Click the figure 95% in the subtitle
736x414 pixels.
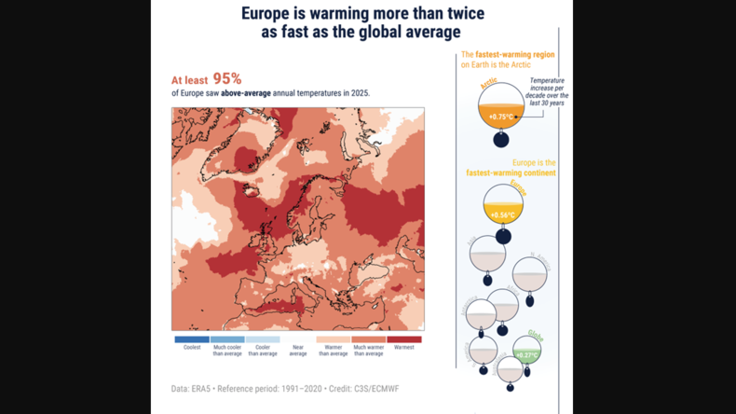[226, 79]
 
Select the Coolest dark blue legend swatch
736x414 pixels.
[192, 339]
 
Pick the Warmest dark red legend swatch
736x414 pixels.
[404, 339]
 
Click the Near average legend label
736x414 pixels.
[298, 351]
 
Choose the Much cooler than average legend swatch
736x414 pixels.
[227, 339]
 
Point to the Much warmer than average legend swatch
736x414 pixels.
[369, 339]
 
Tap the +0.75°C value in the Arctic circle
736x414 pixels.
[501, 117]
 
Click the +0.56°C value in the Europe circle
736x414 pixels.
[503, 215]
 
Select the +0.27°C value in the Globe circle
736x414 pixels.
[527, 355]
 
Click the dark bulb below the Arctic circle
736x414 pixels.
[501, 140]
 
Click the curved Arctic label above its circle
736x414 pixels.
[488, 85]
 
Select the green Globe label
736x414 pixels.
[536, 335]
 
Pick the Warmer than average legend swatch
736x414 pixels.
[334, 339]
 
